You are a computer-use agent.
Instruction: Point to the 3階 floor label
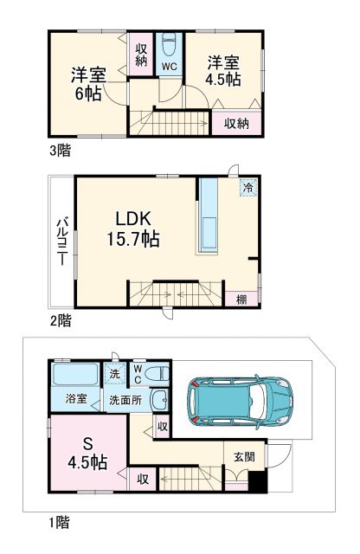coord(60,150)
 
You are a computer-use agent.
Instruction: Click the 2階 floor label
coord(60,319)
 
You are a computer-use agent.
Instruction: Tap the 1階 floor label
coord(60,522)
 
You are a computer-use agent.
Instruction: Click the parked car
coord(240,400)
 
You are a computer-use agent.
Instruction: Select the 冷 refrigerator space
coord(248,187)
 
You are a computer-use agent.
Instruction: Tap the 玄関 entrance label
coord(244,456)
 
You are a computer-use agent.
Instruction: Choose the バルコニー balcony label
coord(62,235)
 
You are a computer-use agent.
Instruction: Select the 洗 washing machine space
coord(114,373)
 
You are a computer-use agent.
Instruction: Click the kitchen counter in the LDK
coord(208,216)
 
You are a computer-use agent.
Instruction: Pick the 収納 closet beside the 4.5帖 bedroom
coord(236,123)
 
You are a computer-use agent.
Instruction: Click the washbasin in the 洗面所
coord(158,401)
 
